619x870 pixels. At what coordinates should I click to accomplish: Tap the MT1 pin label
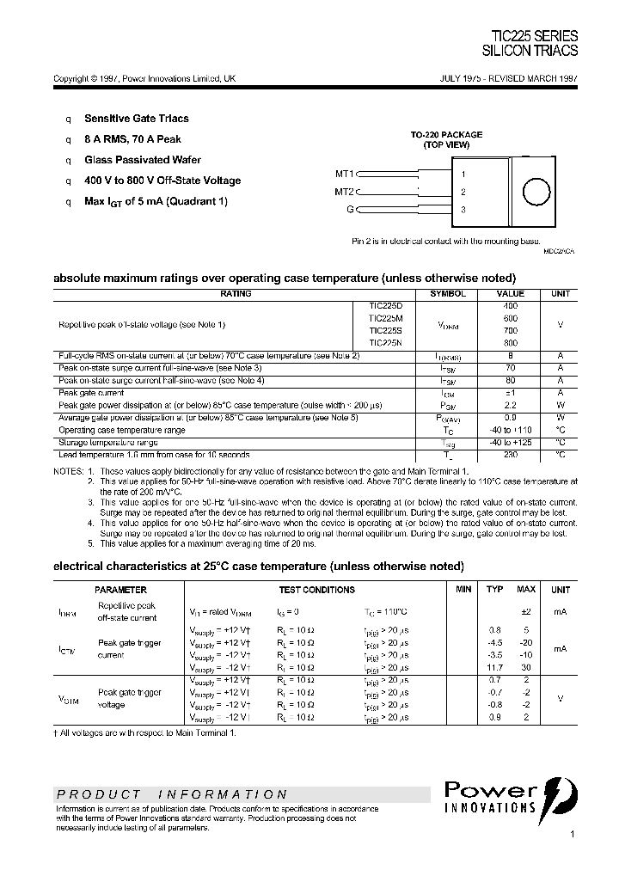344,173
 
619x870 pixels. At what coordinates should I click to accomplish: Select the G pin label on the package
349,209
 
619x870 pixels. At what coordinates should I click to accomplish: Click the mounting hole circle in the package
536,192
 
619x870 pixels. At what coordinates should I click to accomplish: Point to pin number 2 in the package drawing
463,193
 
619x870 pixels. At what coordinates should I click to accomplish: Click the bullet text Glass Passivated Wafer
143,160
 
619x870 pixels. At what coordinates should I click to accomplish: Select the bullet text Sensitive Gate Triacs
136,119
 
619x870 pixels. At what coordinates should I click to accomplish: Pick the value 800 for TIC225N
510,342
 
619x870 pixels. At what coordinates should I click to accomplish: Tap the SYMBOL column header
447,294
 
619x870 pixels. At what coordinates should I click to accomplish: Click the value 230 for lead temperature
510,454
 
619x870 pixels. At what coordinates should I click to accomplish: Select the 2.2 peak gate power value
510,404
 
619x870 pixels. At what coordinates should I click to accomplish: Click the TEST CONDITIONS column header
316,590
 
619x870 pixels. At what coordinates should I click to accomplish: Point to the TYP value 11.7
494,666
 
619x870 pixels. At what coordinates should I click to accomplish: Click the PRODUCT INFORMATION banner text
172,794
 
